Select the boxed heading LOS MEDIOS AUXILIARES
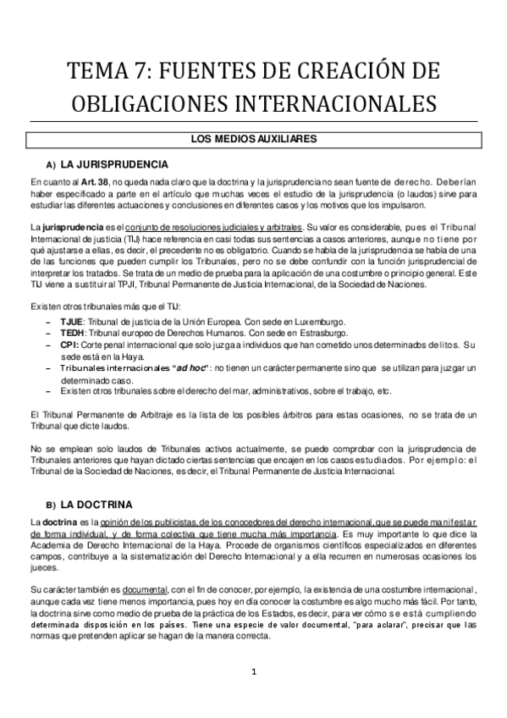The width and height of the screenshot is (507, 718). pyautogui.click(x=252, y=137)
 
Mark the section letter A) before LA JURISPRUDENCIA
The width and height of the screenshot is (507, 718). pyautogui.click(x=51, y=165)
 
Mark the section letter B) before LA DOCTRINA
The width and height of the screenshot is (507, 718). pyautogui.click(x=51, y=505)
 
